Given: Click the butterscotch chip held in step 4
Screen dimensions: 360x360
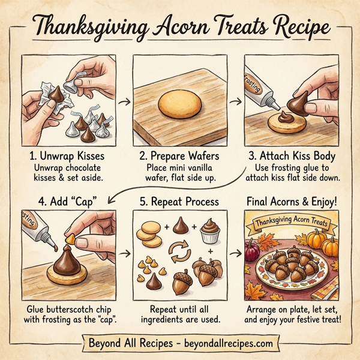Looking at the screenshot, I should (x=70, y=239).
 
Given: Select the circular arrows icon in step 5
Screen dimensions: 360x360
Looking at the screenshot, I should (x=179, y=252).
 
